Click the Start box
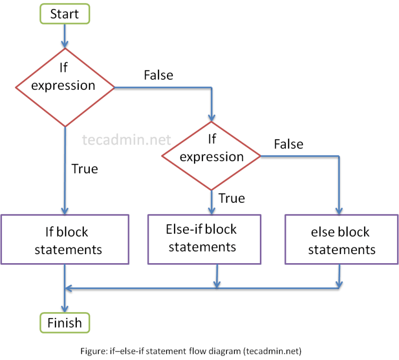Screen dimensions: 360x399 point(64,13)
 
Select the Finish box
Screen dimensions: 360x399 point(64,323)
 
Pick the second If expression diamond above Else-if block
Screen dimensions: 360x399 point(211,156)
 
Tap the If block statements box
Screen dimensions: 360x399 point(65,240)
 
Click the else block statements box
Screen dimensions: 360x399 point(341,240)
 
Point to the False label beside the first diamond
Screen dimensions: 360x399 point(158,75)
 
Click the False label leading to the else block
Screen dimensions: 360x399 point(288,144)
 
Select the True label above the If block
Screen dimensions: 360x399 point(85,169)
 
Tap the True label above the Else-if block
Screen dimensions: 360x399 point(232,198)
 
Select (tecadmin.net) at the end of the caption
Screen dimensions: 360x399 point(273,351)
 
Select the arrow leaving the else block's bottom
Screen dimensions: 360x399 point(339,277)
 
